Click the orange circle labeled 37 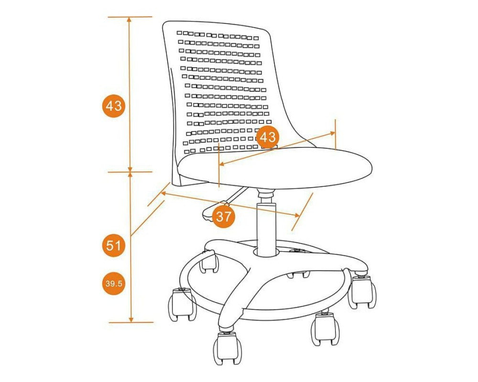coord(224,217)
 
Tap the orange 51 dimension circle coord(113,245)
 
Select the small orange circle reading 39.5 coord(113,283)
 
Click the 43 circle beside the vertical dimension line coord(113,106)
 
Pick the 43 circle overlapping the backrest coord(267,137)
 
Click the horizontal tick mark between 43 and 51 coord(130,172)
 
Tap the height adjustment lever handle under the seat coord(210,213)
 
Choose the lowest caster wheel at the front coord(228,349)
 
